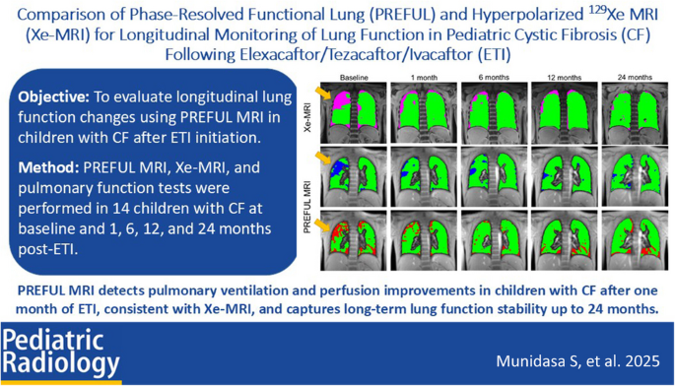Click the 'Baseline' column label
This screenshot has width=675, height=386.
click(x=354, y=76)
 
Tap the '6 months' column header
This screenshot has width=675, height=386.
click(x=492, y=76)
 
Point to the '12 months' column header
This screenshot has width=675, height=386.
click(x=559, y=76)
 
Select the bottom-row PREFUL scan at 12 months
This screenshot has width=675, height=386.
click(x=560, y=241)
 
